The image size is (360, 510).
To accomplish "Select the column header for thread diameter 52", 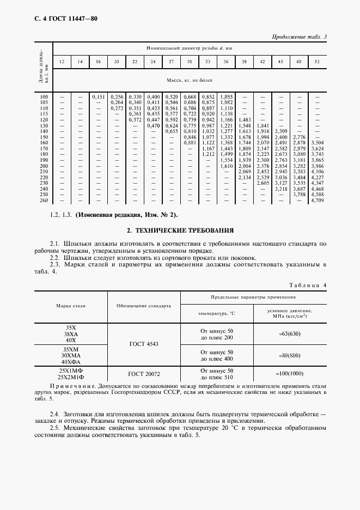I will coord(317,62).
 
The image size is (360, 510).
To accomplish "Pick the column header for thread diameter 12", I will coord(62,62).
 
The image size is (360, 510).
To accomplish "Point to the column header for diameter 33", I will coord(208,62).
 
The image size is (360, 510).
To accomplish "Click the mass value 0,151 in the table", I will coord(98,96).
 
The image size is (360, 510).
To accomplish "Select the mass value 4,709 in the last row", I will coord(317,201).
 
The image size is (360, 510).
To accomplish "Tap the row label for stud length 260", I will coord(44,201).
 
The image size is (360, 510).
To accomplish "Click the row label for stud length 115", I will coord(44,114).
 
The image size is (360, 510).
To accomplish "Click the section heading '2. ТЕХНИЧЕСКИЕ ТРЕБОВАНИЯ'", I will coord(180,230).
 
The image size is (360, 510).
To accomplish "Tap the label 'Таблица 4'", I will coord(308,285).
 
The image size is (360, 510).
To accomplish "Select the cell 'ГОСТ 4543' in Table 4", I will coord(144,344).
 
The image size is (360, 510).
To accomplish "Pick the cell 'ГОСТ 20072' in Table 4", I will coord(144,374).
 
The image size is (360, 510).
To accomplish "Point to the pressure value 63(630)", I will coord(289,334).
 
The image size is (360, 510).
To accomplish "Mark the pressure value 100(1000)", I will coord(289,374).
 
